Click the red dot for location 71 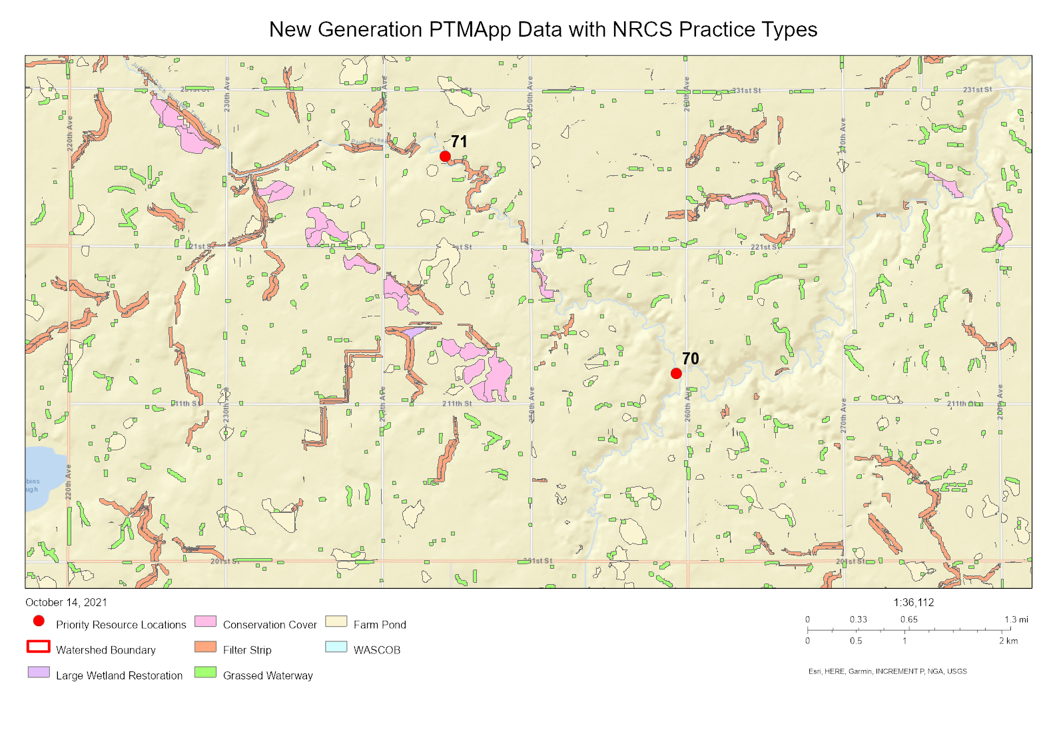[445, 157]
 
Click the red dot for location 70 [676, 374]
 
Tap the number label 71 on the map [459, 142]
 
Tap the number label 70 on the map [691, 359]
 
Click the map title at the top [543, 29]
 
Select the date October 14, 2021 [66, 602]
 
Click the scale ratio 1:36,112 [913, 602]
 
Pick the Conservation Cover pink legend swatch [205, 621]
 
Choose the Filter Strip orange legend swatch [205, 647]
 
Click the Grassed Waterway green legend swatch [205, 672]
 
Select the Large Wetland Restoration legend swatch [39, 672]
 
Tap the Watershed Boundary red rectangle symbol [39, 647]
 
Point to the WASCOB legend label [377, 650]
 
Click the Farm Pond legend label [380, 625]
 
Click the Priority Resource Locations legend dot [39, 621]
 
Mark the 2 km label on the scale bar [1008, 641]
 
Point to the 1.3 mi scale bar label [1016, 619]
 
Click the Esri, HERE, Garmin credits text [887, 671]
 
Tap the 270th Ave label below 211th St [843, 416]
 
